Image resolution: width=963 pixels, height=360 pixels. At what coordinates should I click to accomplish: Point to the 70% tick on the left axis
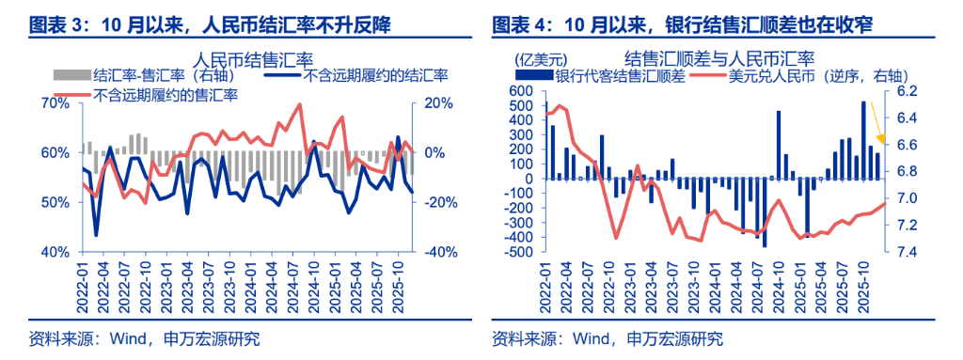56,103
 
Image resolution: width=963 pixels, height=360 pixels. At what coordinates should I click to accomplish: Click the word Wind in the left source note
104,338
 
